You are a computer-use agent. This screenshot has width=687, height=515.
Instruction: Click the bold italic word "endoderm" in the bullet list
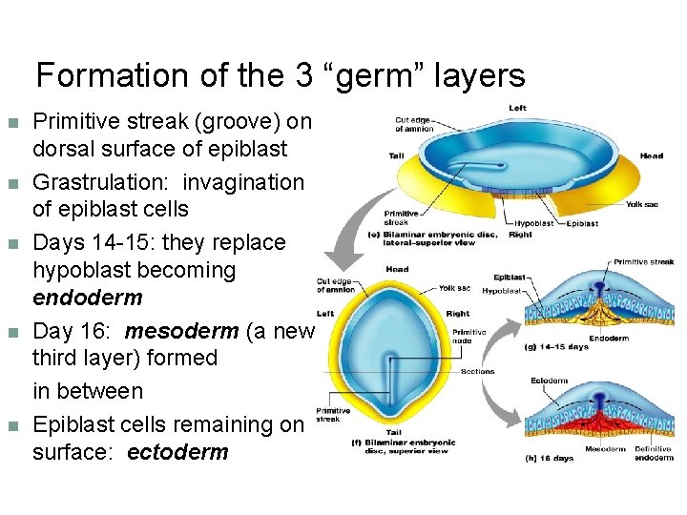click(87, 298)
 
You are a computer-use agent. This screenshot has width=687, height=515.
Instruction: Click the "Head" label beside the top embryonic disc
click(651, 156)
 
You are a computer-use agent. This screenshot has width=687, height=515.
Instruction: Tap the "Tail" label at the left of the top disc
click(396, 155)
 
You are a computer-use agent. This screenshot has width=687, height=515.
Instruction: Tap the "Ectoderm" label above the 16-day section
click(549, 381)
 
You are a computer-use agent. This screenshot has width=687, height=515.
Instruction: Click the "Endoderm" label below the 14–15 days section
click(608, 337)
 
